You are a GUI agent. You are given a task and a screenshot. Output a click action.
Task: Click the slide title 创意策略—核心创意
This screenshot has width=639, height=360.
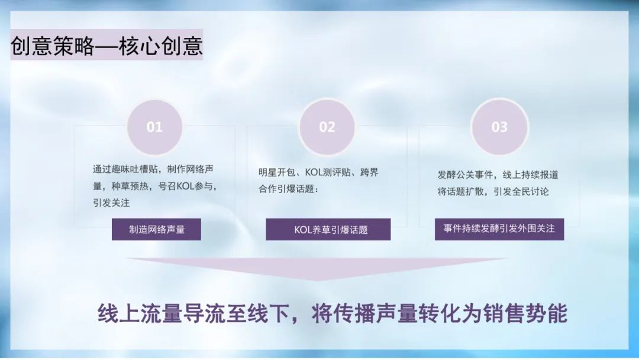click(x=106, y=46)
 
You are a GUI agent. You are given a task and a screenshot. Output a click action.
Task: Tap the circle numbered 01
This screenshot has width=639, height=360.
click(x=154, y=127)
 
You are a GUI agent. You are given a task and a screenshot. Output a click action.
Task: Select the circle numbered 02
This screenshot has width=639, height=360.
click(x=327, y=127)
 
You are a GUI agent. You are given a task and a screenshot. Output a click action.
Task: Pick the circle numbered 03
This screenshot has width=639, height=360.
click(x=499, y=127)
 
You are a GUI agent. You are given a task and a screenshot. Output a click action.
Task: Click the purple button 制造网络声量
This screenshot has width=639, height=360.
click(x=156, y=229)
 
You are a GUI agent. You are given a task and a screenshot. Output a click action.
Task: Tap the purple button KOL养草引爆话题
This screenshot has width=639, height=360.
click(x=328, y=230)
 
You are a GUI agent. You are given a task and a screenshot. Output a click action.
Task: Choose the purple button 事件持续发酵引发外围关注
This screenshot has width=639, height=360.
click(x=499, y=229)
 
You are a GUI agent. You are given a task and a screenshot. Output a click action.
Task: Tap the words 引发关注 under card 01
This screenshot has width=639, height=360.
click(x=111, y=202)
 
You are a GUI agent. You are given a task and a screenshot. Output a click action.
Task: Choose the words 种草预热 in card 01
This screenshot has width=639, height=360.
click(x=131, y=186)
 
